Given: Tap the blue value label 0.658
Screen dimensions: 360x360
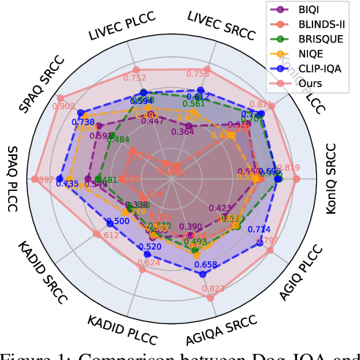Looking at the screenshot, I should pyautogui.click(x=206, y=265).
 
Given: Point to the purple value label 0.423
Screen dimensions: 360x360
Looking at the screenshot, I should pyautogui.click(x=220, y=208).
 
